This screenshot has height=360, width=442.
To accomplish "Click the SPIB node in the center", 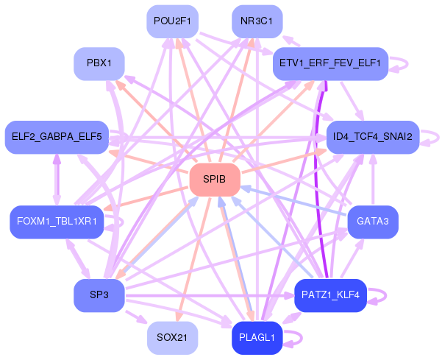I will tap(215, 180).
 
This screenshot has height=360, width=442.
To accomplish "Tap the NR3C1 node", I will tap(257, 21).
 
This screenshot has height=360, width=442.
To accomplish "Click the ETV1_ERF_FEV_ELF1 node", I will tap(330, 64).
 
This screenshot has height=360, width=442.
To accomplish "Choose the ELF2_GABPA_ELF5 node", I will tap(57, 137).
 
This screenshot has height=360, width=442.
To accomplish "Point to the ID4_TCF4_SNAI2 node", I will tap(373, 137).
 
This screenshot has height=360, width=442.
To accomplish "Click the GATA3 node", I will tap(373, 222).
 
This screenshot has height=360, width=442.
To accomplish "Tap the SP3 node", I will tap(99, 295).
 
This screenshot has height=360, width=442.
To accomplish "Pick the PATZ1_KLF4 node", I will tap(330, 295).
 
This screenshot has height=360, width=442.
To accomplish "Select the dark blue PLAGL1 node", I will tap(257, 338).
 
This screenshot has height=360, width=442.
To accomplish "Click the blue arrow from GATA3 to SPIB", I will tap(294, 200).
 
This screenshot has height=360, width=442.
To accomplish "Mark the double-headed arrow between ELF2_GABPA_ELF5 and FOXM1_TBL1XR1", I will tap(57, 179).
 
